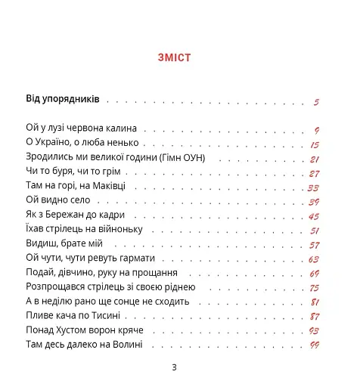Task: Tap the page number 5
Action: coord(315,102)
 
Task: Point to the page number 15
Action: coord(315,144)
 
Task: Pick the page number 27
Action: coord(314,173)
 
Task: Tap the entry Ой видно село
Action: coord(57,200)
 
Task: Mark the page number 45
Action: coord(314,216)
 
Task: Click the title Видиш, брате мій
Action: coord(64,243)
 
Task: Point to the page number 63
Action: coord(314,259)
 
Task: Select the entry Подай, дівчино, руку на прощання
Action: coord(101,272)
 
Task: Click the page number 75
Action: coord(314,288)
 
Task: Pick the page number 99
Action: coord(314,345)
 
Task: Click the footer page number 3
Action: coord(174,368)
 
